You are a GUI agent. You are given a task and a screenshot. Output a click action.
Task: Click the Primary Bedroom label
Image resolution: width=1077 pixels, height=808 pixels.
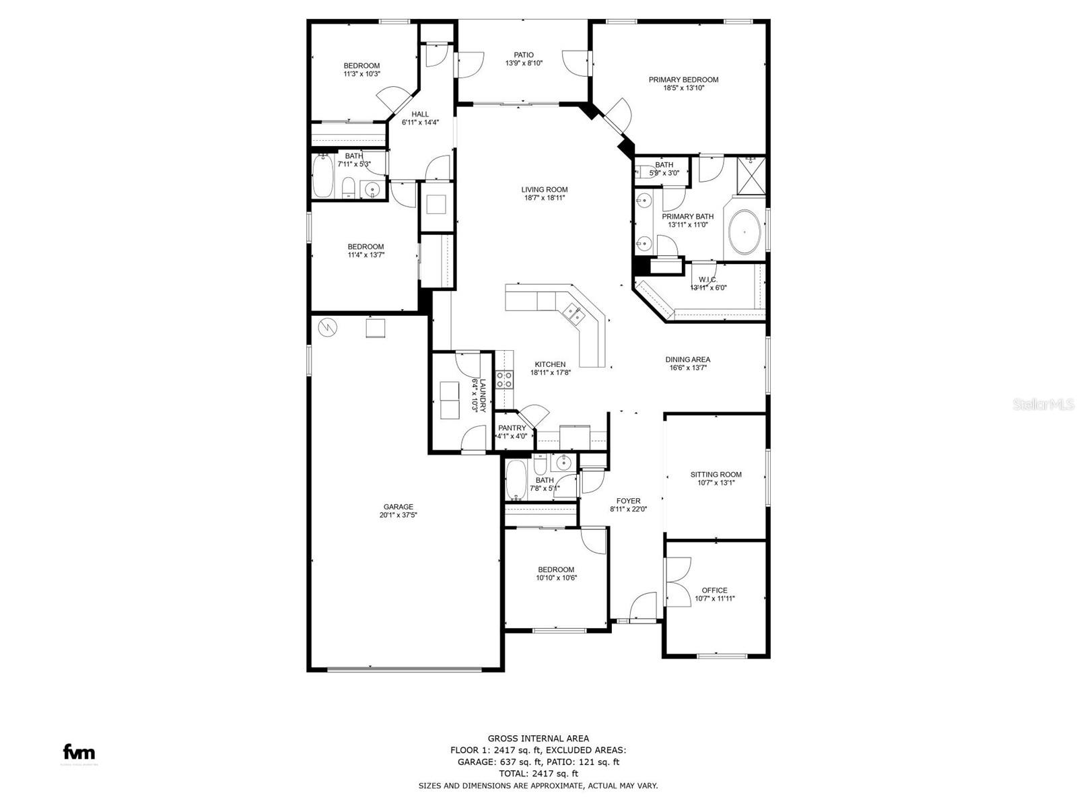[683, 79]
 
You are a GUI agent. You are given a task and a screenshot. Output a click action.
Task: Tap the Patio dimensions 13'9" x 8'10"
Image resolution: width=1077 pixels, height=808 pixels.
[524, 63]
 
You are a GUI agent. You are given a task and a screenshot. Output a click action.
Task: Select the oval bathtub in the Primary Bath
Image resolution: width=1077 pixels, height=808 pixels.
[744, 232]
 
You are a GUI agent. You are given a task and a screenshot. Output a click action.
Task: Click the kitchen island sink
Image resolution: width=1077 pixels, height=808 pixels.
[574, 314]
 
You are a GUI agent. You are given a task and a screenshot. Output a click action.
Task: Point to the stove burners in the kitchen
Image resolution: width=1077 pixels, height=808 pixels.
[504, 379]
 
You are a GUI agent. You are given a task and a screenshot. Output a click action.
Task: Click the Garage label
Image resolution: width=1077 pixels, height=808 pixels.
[398, 507]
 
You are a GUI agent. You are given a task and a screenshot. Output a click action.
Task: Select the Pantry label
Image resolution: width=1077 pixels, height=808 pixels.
[512, 428]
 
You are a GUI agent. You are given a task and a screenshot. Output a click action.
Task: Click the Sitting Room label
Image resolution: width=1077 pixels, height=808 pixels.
[716, 475]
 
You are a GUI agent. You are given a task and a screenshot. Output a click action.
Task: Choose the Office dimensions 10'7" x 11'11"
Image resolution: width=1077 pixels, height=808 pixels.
[714, 598]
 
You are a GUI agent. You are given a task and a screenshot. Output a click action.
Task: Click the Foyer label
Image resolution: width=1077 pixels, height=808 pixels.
[628, 501]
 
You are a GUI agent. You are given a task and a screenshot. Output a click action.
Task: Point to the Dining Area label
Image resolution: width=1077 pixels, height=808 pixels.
[687, 359]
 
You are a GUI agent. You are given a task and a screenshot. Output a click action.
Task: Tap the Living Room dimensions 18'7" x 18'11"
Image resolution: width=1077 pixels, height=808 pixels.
[544, 198]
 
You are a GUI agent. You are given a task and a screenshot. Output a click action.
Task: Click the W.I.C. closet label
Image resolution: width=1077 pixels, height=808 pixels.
[708, 279]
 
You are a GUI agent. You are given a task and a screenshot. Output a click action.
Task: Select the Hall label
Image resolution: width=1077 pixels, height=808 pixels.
[420, 114]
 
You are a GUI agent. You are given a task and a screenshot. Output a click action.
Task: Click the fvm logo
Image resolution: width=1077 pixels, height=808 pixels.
[79, 751]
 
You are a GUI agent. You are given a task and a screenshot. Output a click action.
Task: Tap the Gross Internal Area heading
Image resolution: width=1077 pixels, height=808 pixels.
[538, 739]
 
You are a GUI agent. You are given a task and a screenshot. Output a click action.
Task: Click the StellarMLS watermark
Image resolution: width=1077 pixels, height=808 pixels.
[1043, 404]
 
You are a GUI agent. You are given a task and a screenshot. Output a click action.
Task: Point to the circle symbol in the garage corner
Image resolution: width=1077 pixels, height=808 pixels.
[328, 327]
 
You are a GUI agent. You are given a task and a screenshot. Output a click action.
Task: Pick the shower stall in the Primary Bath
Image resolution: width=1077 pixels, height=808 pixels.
[751, 175]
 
